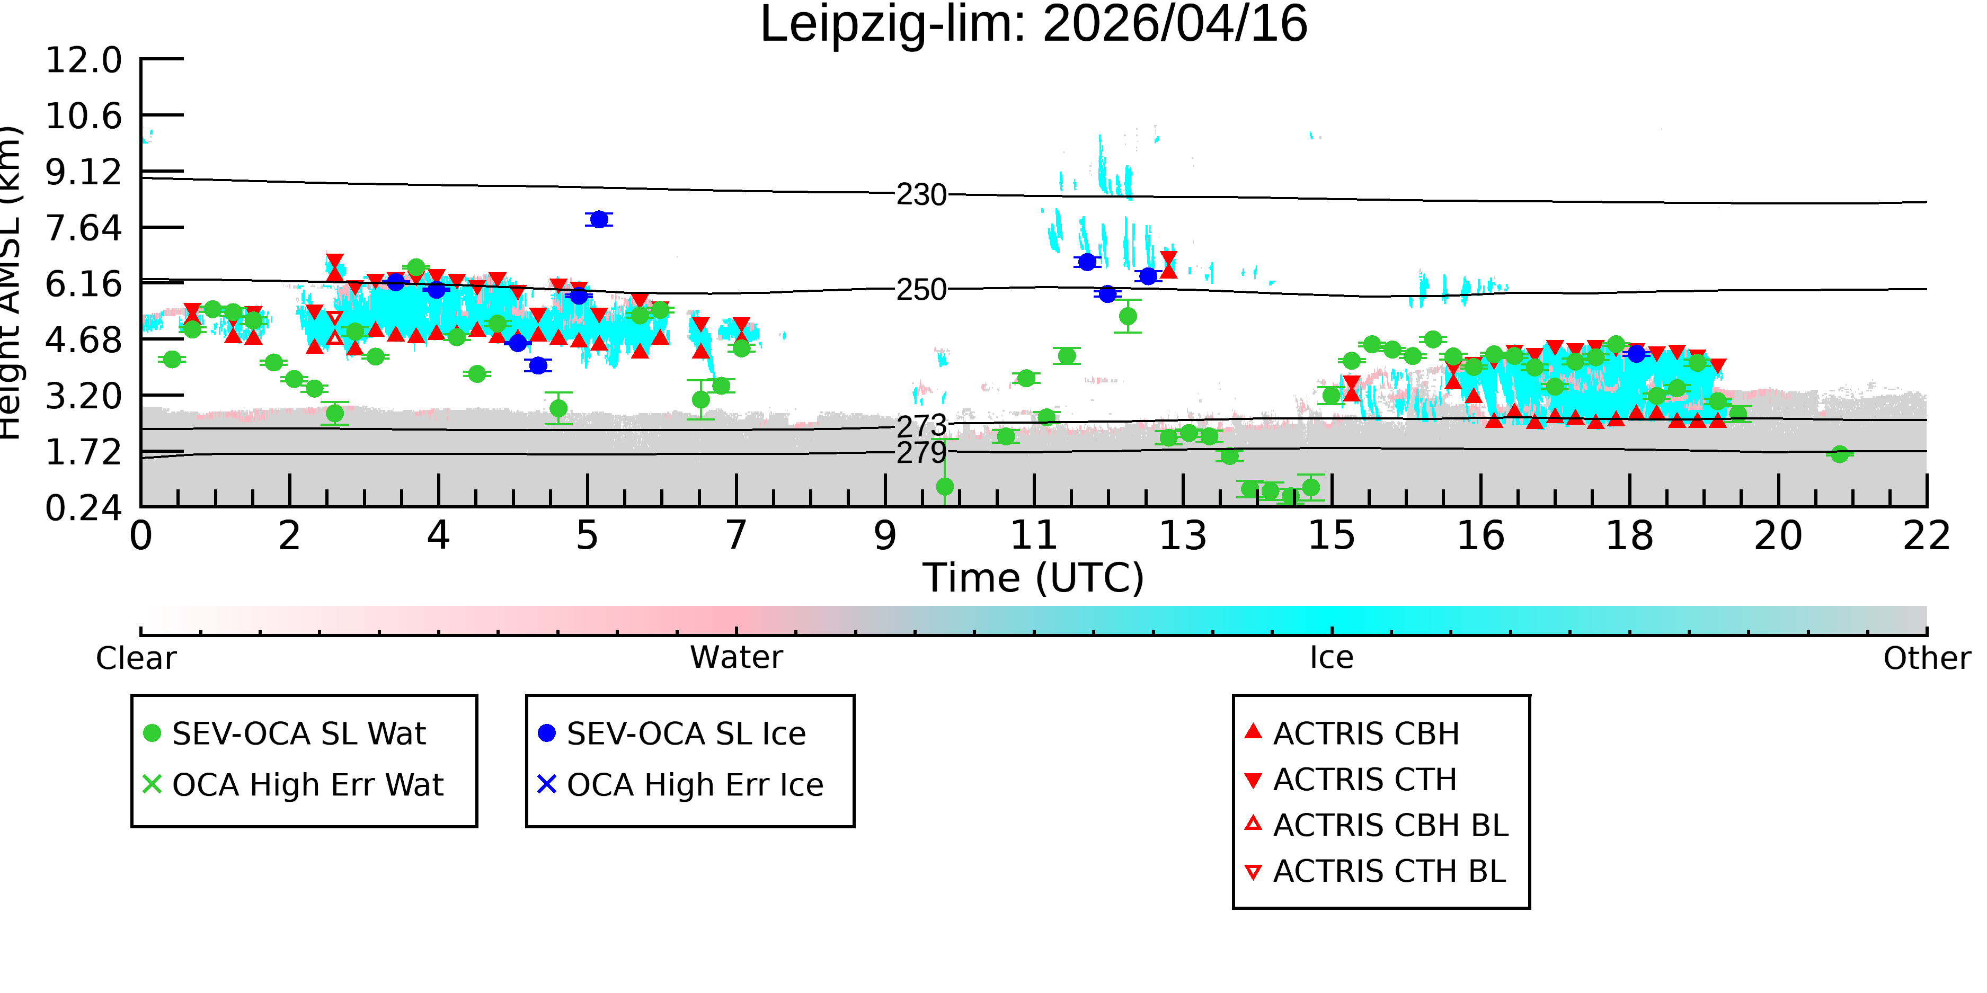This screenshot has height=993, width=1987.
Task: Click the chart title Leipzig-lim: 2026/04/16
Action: tap(1034, 25)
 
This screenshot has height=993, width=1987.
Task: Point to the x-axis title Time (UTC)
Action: tap(1034, 578)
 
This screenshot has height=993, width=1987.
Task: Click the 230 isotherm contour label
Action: tap(921, 195)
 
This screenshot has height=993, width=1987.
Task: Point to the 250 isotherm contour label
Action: tap(921, 290)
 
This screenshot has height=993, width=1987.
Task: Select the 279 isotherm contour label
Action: tap(921, 453)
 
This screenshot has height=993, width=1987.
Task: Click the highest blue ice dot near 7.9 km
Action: tap(599, 220)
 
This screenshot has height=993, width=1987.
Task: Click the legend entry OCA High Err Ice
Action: tap(680, 785)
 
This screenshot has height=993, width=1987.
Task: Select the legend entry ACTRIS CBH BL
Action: tap(1376, 825)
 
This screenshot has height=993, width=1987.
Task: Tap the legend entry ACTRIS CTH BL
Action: tap(1376, 871)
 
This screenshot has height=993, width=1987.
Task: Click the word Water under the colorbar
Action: tap(737, 658)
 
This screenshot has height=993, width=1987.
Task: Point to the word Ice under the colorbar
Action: tap(1332, 658)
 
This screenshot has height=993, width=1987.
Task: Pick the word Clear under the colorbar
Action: tap(136, 658)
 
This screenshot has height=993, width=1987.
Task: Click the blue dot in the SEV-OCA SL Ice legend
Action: tap(547, 733)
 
